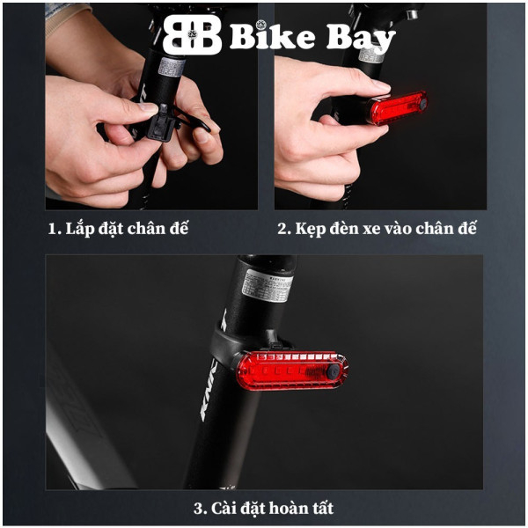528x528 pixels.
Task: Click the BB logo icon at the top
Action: tap(192, 35)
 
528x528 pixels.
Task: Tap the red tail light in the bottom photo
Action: tap(290, 370)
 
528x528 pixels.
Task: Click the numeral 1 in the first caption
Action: tap(52, 229)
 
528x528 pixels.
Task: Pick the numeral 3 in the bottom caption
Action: tap(198, 508)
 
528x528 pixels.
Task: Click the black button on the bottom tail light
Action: tap(334, 373)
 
